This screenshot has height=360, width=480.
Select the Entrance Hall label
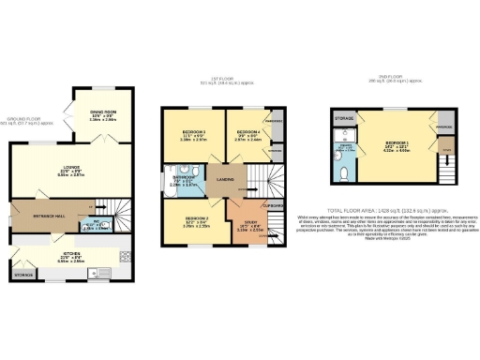tap(50, 215)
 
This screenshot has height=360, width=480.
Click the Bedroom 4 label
tap(247, 135)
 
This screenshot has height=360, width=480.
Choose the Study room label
tap(247, 225)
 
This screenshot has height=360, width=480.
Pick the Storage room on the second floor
tap(343, 119)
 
